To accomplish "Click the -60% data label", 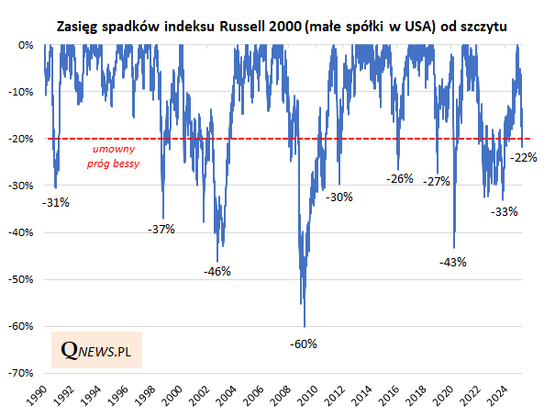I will click(x=304, y=344).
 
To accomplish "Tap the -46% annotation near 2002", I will click(x=217, y=271).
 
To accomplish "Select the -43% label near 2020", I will click(x=453, y=262).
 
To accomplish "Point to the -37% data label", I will click(x=161, y=229).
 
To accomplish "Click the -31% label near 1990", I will click(x=56, y=202).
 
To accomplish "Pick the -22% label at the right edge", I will click(x=524, y=157).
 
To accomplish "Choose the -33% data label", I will click(x=505, y=211).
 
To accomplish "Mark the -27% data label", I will click(x=437, y=181).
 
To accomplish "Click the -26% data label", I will click(x=400, y=178).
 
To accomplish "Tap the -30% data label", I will click(x=340, y=197).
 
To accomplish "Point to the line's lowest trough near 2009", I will click(x=305, y=326).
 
